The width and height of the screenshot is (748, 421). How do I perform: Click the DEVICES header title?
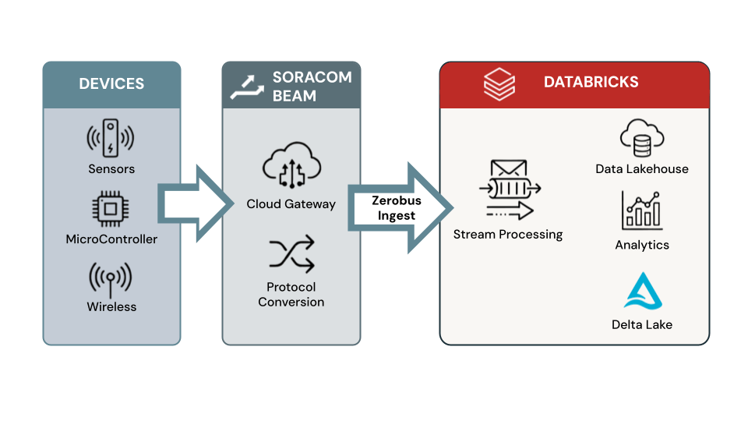coord(111,83)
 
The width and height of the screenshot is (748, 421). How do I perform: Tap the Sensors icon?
coord(111,138)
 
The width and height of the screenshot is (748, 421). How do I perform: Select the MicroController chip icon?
coord(111,210)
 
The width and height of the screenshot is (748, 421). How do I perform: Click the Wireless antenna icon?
coord(111,278)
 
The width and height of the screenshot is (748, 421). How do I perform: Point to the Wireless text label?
coord(111,307)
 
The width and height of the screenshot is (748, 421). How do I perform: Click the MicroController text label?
coord(111,239)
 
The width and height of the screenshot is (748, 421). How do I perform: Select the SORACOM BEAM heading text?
coord(311,87)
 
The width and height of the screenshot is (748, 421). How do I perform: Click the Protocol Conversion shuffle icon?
coord(291,253)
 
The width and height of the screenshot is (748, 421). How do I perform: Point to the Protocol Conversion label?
coord(291,295)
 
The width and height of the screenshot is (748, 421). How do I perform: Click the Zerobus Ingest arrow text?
coord(396,208)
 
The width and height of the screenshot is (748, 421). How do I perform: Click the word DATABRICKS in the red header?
coord(591,83)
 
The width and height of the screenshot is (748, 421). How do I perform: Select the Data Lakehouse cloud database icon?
coord(641,139)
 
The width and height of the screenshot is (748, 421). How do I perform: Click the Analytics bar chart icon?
coord(641,210)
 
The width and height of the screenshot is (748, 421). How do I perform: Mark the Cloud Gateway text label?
coord(291,204)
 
